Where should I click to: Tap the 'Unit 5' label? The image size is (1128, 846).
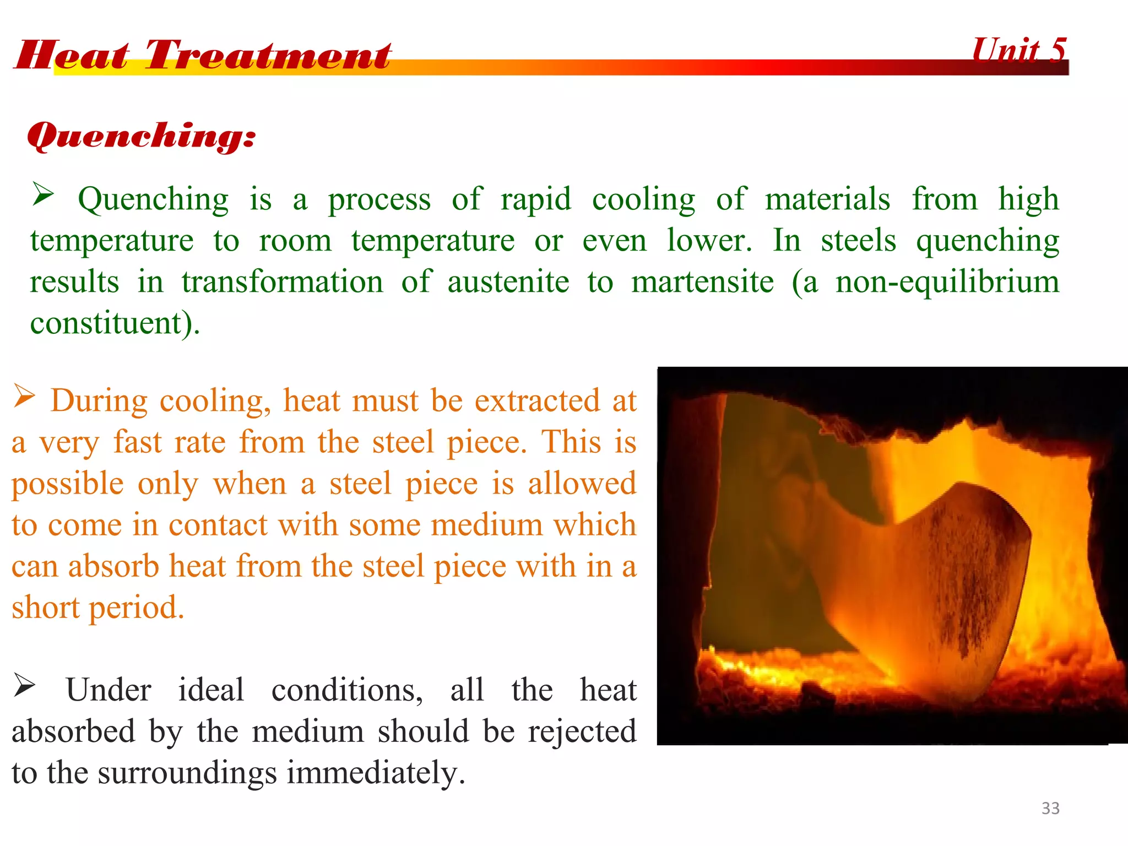[x=1019, y=51]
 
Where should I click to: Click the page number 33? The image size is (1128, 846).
[x=1050, y=808]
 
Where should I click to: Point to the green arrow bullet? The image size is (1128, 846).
[x=43, y=194]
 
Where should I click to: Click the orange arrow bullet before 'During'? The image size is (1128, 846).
[x=24, y=396]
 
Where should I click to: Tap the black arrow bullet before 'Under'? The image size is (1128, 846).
[x=24, y=685]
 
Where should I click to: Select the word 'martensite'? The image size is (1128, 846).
[x=702, y=282]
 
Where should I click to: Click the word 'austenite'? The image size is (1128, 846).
[x=508, y=282]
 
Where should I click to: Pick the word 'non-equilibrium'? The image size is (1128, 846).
[x=947, y=282]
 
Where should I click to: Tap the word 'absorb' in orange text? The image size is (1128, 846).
[x=113, y=566]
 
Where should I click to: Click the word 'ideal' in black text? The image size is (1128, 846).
[x=211, y=690]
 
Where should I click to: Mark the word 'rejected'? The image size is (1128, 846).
[x=582, y=731]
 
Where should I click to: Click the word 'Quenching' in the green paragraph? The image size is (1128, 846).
[x=153, y=199]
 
